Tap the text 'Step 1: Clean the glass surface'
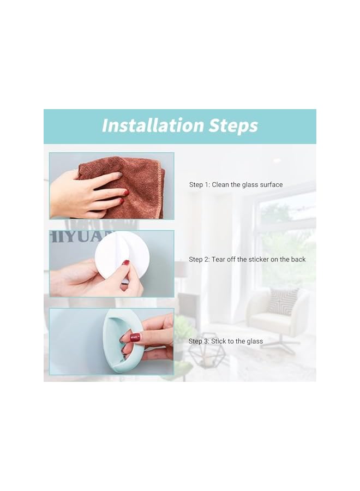coord(236,185)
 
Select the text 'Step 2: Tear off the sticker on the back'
coord(247,259)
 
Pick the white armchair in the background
coord(275,314)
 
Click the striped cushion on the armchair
coord(283,301)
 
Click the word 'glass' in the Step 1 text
coord(253,185)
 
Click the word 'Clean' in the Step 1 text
coord(220,185)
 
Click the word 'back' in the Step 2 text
coord(298,259)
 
